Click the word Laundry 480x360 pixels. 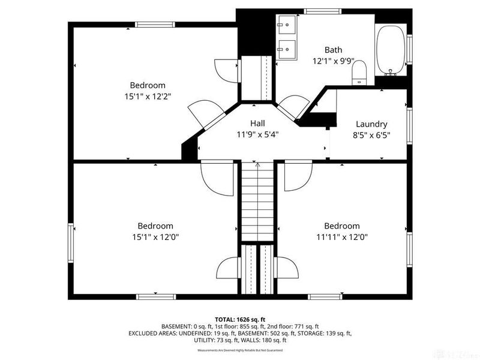click(x=371, y=124)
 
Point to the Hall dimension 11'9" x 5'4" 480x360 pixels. click(x=257, y=134)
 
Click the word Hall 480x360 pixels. click(x=257, y=123)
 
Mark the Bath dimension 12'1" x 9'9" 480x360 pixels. click(x=333, y=61)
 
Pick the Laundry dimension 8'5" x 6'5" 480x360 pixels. click(x=371, y=135)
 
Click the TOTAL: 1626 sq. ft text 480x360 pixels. click(x=240, y=319)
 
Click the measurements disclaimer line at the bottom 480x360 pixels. click(x=240, y=350)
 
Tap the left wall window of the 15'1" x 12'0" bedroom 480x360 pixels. click(x=71, y=236)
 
